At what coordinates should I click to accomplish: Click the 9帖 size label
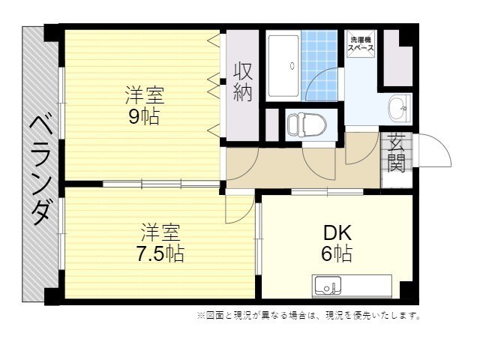click(144, 117)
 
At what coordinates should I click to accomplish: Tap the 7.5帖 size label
click(160, 253)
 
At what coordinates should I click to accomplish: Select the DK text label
click(337, 233)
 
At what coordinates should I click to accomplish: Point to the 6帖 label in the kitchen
click(337, 253)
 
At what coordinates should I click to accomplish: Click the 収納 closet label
click(243, 82)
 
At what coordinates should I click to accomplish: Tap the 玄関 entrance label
click(396, 152)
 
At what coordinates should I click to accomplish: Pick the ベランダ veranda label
click(40, 171)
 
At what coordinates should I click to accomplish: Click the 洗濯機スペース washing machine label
click(361, 43)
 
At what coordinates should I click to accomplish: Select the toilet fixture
click(307, 125)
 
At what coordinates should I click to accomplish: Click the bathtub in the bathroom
click(283, 66)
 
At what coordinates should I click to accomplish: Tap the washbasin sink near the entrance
click(399, 108)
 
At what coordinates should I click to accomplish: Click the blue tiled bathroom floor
click(319, 65)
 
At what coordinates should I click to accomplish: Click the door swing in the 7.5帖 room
click(240, 208)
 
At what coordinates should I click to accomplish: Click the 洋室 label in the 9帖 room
click(145, 96)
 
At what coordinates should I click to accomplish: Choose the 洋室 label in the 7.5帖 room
click(160, 232)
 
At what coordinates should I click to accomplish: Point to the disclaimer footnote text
click(309, 315)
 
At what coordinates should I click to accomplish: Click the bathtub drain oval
click(292, 65)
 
